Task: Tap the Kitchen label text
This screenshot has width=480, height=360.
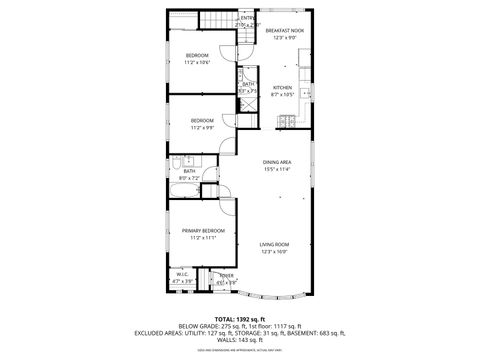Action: click(x=282, y=88)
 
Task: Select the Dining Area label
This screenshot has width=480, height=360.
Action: click(x=277, y=162)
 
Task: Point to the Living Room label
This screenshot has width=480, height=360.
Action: click(x=275, y=245)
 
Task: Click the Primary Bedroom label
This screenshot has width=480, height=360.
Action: click(x=203, y=231)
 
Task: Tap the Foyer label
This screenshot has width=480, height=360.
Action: click(x=227, y=276)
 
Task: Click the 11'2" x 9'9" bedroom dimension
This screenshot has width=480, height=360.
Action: click(x=203, y=128)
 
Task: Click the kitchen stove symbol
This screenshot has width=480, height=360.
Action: click(x=285, y=123)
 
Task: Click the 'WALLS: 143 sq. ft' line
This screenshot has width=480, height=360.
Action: click(x=240, y=341)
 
